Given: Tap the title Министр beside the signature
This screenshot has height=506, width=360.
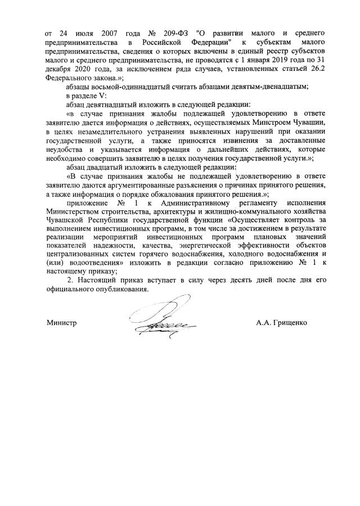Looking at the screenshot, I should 61,323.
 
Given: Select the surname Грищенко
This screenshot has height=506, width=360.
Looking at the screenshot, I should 289,323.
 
